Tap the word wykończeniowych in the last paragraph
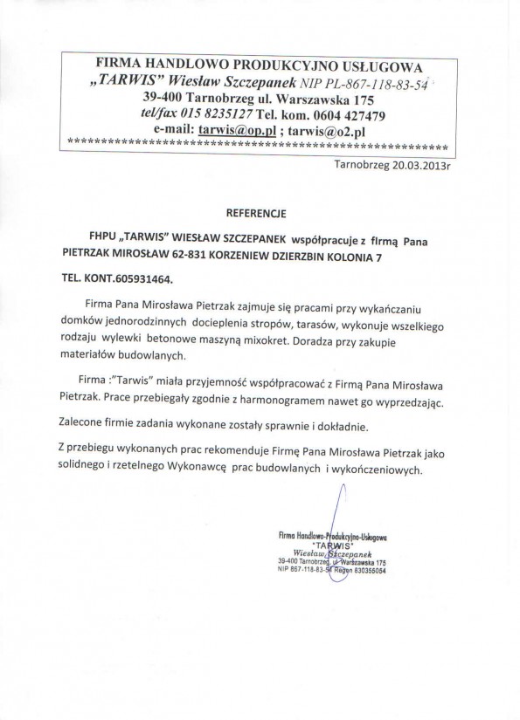pyautogui.click(x=379, y=469)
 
